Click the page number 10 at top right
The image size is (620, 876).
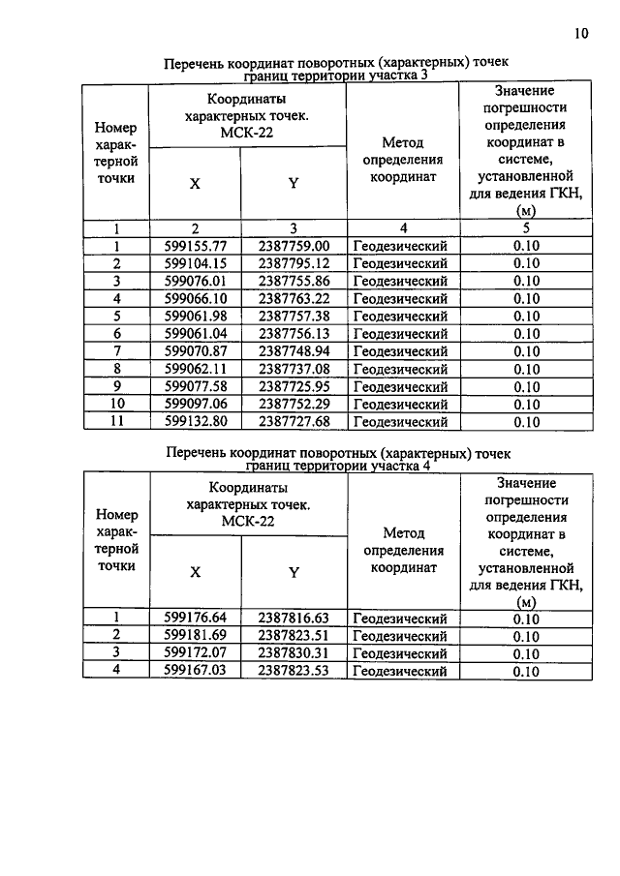(580, 33)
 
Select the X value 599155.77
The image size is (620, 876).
(195, 246)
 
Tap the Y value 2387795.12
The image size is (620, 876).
(294, 263)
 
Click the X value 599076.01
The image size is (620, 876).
(195, 281)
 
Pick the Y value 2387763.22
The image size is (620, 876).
(294, 298)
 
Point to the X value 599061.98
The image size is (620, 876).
(195, 316)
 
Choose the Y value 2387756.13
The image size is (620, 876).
(294, 333)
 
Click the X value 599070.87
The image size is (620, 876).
(195, 350)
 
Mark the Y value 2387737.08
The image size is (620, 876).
(294, 369)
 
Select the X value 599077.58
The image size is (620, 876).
(195, 386)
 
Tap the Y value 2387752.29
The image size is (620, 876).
(294, 404)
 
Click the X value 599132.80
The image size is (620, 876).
(195, 421)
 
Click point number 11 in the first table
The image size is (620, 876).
(115, 421)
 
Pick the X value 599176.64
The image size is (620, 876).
(195, 619)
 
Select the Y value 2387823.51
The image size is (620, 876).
(294, 636)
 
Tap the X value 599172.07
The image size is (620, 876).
(195, 653)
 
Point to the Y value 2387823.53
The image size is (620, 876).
(294, 670)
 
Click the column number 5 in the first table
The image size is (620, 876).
(525, 228)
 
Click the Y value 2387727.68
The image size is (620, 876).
(294, 421)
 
